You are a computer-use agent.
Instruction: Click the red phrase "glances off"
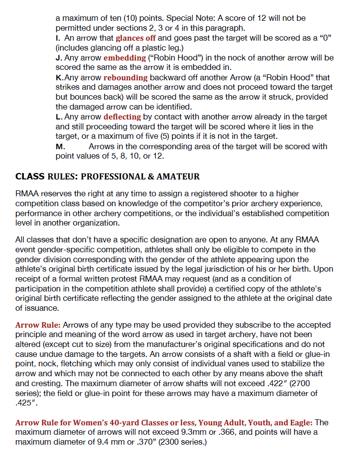point(136,38)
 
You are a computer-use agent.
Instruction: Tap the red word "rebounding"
point(125,77)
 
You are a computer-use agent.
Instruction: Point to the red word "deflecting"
point(122,117)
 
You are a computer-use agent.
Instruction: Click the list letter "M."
point(60,147)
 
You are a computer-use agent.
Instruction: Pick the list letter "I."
point(58,38)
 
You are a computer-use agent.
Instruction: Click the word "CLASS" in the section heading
point(30,176)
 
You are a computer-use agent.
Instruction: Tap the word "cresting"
point(44,384)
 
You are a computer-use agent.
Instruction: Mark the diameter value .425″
point(25,403)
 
